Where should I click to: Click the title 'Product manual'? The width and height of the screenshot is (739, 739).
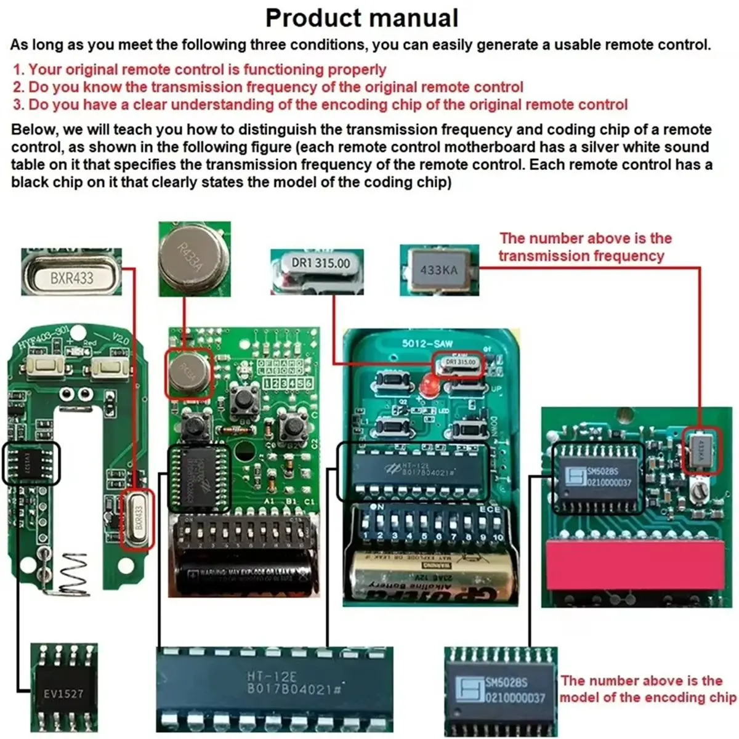tap(361, 18)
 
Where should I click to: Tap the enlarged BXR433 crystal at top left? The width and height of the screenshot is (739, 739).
tap(71, 277)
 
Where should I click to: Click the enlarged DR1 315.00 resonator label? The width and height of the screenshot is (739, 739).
tap(320, 264)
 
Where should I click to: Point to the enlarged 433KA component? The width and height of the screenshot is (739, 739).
tap(438, 269)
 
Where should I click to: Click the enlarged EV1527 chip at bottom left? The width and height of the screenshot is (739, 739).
tap(64, 693)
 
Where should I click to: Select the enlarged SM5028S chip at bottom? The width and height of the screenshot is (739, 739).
tap(500, 689)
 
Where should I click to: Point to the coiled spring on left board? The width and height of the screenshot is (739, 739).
tap(69, 576)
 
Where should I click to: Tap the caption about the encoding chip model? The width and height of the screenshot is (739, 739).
tap(647, 689)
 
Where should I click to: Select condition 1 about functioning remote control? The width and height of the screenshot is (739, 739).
tap(200, 70)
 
